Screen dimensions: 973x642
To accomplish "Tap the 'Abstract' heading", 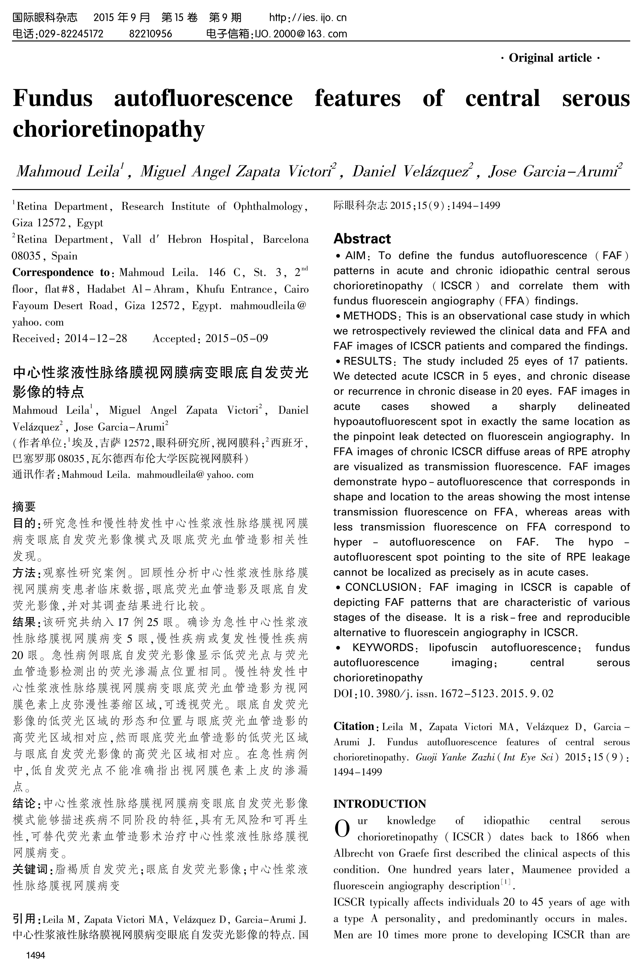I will pos(362,239).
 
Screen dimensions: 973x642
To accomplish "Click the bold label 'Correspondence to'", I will pos(61,273).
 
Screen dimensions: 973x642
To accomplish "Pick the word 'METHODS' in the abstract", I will pos(370,316).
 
